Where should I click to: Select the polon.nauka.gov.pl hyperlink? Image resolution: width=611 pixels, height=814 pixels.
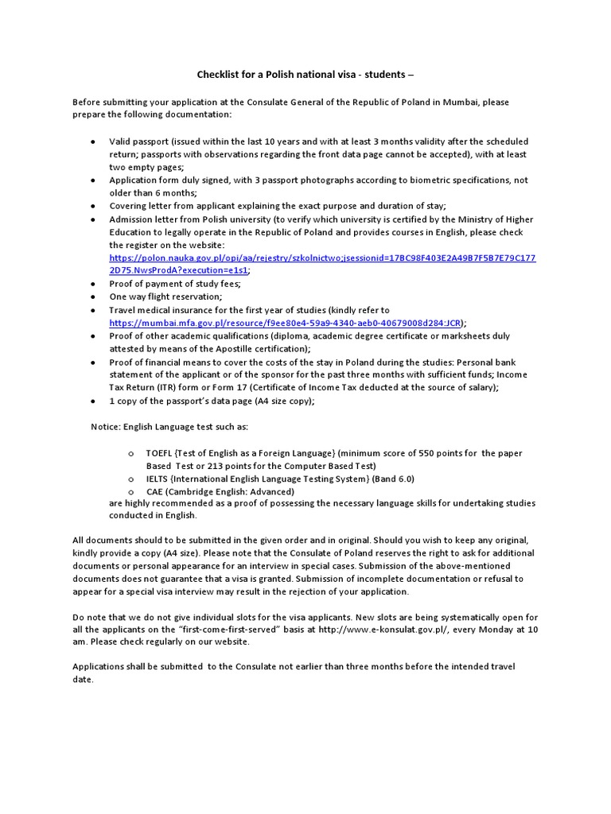[x=322, y=258]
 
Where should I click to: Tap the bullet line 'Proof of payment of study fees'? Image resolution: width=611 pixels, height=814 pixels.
[x=175, y=284]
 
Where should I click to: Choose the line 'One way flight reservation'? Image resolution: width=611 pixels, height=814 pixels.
[x=165, y=297]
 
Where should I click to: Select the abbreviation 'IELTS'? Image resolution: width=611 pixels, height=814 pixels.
[x=158, y=479]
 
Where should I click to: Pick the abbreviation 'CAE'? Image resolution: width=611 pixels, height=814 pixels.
[x=155, y=491]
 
